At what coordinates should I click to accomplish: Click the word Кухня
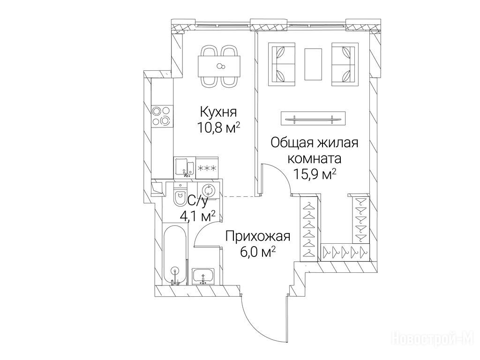[x=218, y=112]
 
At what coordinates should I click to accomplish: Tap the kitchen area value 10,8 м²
[x=218, y=128]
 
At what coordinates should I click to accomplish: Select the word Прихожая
[x=258, y=237]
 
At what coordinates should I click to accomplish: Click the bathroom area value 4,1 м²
[x=197, y=216]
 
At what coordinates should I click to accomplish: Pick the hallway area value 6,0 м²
[x=258, y=253]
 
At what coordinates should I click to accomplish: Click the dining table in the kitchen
[x=219, y=66]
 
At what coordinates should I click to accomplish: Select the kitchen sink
[x=185, y=167]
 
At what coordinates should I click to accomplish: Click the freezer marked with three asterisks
[x=207, y=168]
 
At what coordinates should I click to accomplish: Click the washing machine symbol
[x=208, y=191]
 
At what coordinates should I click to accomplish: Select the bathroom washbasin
[x=204, y=276]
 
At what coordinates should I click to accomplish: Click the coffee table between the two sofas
[x=313, y=64]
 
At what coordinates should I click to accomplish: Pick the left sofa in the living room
[x=282, y=64]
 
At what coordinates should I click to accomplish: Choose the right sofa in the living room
[x=345, y=64]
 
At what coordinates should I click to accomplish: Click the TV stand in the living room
[x=313, y=118]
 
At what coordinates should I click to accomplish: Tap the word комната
[x=315, y=159]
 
